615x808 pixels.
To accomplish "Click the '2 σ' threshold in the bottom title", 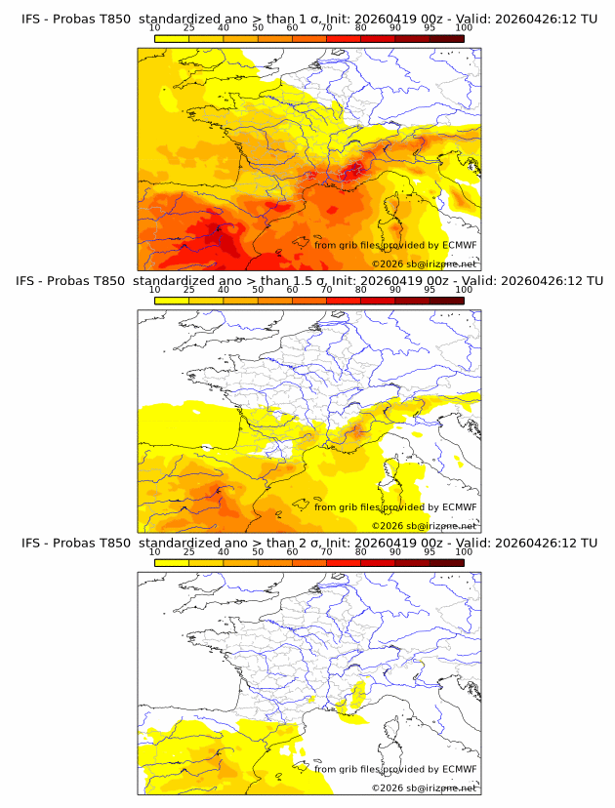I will pos(301,543).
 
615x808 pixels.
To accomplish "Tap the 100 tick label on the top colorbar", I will pos(464,29).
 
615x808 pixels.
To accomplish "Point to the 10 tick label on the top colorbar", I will pos(154,29).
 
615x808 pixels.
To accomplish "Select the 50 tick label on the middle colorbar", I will pos(258,290).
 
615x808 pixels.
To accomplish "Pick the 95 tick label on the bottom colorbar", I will pos(430,552).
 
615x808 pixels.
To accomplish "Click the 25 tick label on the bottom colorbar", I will pos(188,552).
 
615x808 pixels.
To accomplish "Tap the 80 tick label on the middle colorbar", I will pos(361,290).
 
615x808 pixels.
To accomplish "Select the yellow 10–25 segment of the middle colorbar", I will pos(171,300).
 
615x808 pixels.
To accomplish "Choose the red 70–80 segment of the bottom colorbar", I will pos(344,562).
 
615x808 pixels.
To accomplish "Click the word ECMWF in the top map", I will pos(459,245).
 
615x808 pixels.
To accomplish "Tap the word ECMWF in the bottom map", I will pos(459,769).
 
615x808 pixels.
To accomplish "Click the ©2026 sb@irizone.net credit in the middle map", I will pos(424,525).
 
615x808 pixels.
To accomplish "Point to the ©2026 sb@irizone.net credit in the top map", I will pos(424,263).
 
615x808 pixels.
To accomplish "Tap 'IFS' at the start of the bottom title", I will pos(31,543).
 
